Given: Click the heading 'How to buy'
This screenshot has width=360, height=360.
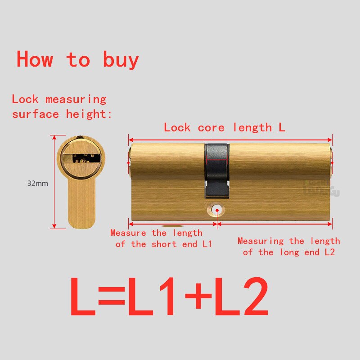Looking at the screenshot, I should pos(77,59).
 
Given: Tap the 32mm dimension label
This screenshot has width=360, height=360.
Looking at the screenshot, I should pos(37,183).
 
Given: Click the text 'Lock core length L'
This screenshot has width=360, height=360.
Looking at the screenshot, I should pos(224,127).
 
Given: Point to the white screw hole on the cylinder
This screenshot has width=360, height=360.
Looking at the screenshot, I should pos(217,209).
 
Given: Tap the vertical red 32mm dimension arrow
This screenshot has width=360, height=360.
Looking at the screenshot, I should pos(54,181).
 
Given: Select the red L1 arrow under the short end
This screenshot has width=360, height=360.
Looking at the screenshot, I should pos(173,223).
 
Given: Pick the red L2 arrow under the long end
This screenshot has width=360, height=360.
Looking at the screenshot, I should pos(274,223).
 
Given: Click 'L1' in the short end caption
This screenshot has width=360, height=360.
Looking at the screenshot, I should pos(207,244).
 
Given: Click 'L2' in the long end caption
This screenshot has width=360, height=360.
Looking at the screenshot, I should pos(330,252).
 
